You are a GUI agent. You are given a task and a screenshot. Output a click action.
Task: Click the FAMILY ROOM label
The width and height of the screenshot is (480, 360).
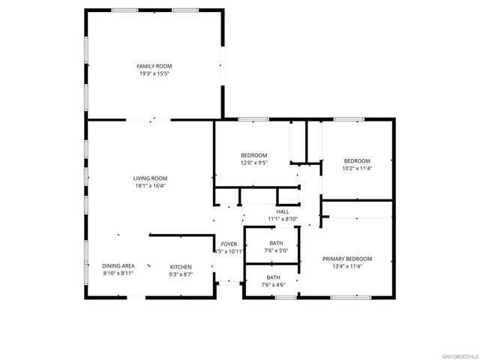[x=154, y=66]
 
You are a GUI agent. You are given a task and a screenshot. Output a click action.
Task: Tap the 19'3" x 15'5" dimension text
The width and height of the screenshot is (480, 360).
[x=154, y=73]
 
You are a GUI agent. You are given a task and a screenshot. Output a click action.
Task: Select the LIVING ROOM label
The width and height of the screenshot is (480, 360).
[x=150, y=178]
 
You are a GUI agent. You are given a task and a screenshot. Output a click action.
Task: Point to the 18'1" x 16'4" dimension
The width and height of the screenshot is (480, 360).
[x=150, y=185]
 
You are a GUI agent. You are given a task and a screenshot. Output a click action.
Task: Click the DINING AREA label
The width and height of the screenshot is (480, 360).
[x=118, y=266]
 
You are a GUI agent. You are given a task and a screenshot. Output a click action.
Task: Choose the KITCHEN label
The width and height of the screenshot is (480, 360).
[x=181, y=267]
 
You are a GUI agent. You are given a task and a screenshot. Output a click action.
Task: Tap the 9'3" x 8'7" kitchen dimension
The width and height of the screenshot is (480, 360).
[x=181, y=274]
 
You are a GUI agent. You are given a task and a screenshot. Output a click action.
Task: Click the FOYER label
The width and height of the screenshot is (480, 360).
[x=229, y=244]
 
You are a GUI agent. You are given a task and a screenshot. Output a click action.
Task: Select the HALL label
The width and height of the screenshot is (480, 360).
[x=283, y=211]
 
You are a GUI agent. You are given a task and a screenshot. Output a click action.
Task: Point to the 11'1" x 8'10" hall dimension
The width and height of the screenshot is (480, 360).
[x=283, y=219]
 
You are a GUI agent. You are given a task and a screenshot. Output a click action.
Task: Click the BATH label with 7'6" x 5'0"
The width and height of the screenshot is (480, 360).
[x=276, y=243]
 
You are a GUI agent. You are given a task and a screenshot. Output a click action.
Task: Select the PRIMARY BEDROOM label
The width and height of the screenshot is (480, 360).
[x=347, y=259]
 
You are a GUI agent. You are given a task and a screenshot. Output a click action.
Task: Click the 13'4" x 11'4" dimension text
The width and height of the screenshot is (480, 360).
[x=347, y=266]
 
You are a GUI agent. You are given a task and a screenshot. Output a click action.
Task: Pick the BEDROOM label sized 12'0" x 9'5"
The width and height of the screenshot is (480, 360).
[x=253, y=155]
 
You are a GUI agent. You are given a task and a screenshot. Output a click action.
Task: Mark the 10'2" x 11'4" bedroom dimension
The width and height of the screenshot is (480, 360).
[x=357, y=168]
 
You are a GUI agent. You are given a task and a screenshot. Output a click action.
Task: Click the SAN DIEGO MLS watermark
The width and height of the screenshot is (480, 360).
[x=458, y=355]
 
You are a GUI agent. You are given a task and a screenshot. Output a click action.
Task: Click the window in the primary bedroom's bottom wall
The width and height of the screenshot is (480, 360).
[x=350, y=298]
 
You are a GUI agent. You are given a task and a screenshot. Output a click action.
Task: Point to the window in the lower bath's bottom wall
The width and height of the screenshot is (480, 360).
[x=285, y=298]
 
